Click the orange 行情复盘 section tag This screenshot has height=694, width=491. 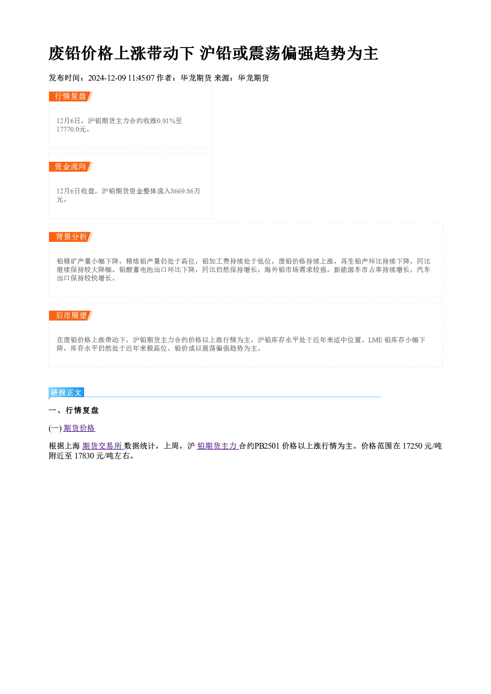71,96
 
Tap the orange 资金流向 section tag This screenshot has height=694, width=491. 71,167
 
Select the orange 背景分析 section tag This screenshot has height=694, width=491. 71,237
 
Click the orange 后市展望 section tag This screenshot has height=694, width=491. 71,316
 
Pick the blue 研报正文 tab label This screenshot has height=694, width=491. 66,393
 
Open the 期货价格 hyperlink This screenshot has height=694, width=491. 79,428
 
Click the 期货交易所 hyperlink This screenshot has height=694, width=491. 102,446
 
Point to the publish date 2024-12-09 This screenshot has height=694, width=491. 107,78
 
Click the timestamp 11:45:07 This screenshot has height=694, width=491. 142,78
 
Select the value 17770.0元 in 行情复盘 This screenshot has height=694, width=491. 71,130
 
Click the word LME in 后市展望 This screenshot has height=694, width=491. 375,340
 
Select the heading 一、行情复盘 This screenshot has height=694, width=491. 74,411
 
